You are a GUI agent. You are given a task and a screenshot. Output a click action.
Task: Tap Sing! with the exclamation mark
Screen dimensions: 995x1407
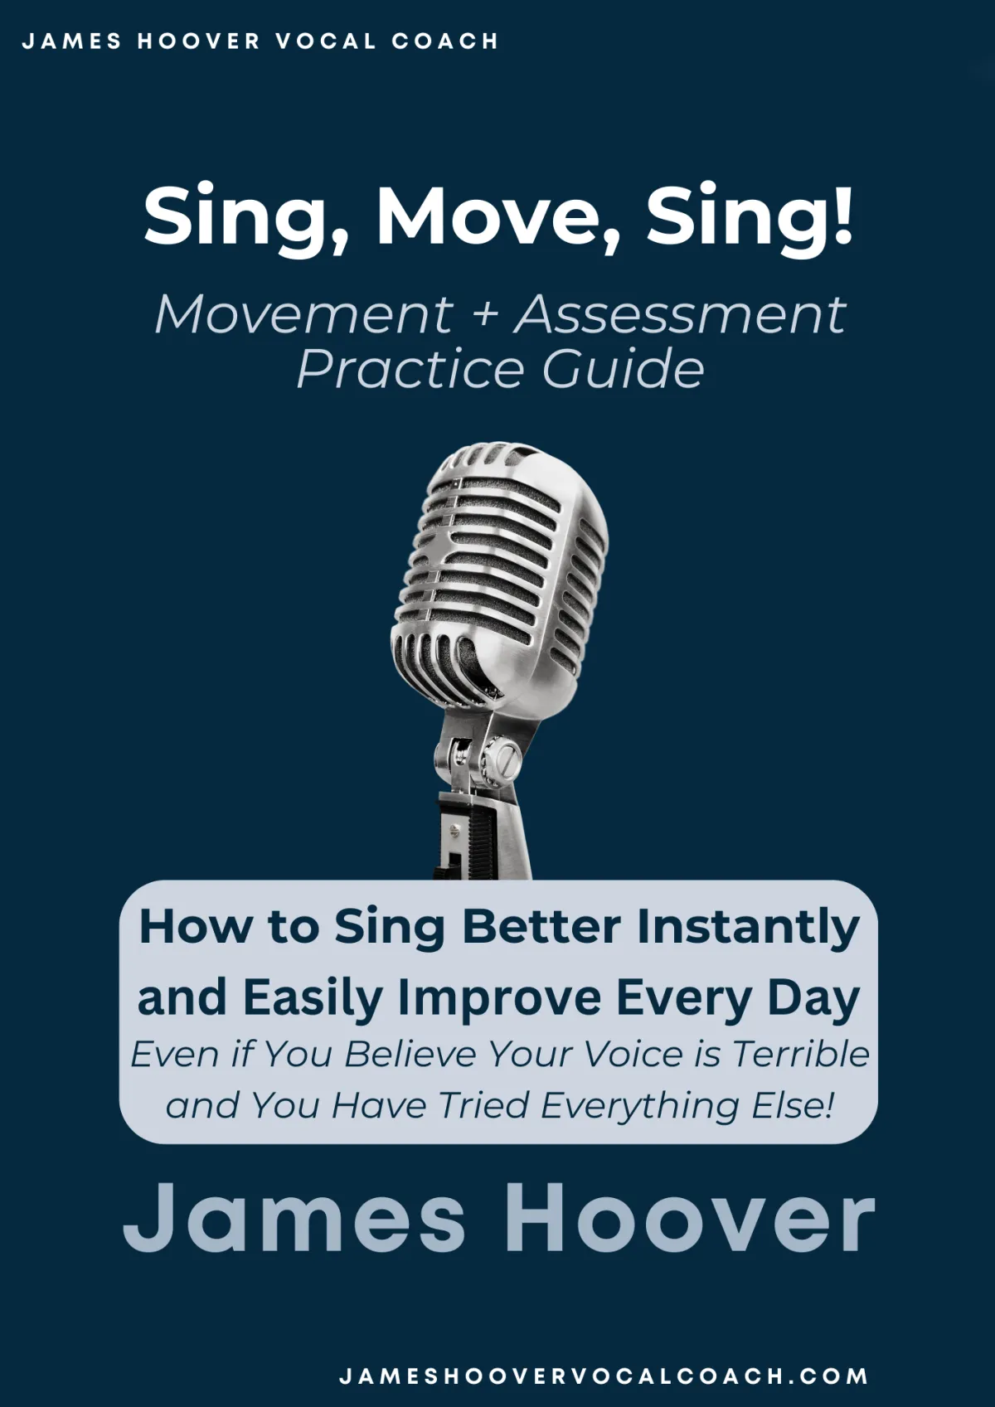tap(750, 219)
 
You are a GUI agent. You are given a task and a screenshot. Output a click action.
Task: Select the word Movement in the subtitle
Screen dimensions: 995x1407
tap(304, 314)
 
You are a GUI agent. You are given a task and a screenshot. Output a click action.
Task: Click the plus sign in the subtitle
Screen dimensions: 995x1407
tap(483, 315)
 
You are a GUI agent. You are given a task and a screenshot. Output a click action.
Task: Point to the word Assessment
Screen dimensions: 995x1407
tap(680, 314)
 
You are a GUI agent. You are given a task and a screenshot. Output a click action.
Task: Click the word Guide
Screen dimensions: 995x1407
tap(623, 369)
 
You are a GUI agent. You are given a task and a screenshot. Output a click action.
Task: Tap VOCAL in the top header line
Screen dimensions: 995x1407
tap(325, 41)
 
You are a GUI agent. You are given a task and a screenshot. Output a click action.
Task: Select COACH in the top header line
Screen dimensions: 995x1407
tap(444, 41)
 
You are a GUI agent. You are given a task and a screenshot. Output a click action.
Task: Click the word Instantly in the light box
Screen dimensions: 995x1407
tap(748, 929)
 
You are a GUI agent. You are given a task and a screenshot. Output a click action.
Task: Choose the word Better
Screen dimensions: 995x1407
tap(541, 926)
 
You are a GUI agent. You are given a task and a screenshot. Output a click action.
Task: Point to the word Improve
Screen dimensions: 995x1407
tap(500, 1000)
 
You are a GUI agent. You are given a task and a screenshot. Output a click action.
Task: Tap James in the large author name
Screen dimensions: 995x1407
tap(294, 1216)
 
